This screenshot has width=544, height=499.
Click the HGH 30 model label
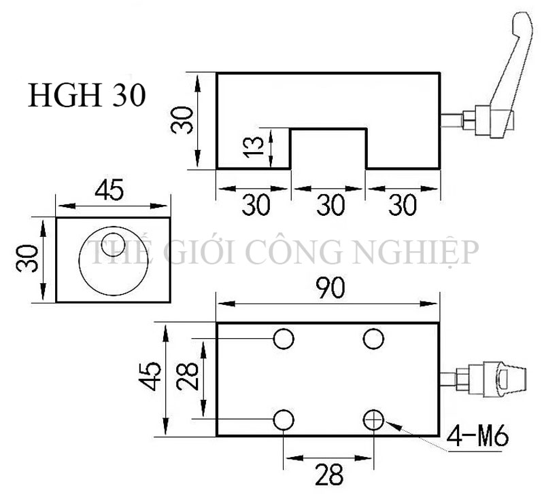[x=86, y=96]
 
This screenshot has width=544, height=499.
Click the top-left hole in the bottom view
[x=284, y=337]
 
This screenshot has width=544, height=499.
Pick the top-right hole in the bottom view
[x=373, y=337]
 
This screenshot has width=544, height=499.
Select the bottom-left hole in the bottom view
[x=284, y=420]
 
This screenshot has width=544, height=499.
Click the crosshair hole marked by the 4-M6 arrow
[x=373, y=420]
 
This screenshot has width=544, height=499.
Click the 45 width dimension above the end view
[x=109, y=191]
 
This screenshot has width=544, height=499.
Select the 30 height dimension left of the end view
[x=25, y=259]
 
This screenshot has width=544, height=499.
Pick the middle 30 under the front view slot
[x=329, y=205]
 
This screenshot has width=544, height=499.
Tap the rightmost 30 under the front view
[x=403, y=205]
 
